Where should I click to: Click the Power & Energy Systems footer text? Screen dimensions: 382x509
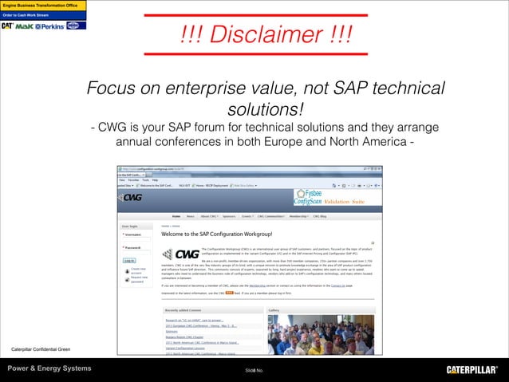(x=49, y=368)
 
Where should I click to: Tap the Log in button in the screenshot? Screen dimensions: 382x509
(x=129, y=261)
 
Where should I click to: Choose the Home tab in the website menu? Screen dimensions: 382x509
(x=175, y=216)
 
